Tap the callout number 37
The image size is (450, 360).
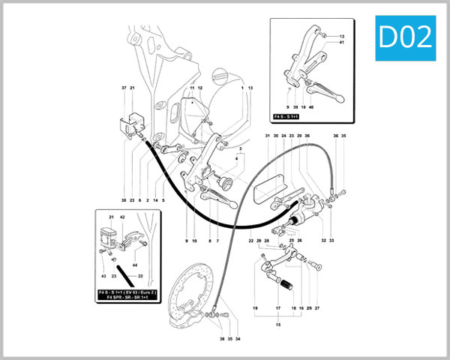(124, 88)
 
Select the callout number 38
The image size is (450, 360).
(124, 200)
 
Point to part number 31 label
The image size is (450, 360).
(266, 136)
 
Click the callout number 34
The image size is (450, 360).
(238, 338)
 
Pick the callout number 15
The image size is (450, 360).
(278, 324)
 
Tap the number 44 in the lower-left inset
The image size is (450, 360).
(136, 265)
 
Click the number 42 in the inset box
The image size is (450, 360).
(122, 217)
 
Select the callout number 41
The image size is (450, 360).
(340, 43)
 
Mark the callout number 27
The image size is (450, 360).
(317, 308)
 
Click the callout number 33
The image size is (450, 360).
(331, 241)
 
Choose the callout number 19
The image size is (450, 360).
(255, 308)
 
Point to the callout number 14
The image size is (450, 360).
(155, 200)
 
